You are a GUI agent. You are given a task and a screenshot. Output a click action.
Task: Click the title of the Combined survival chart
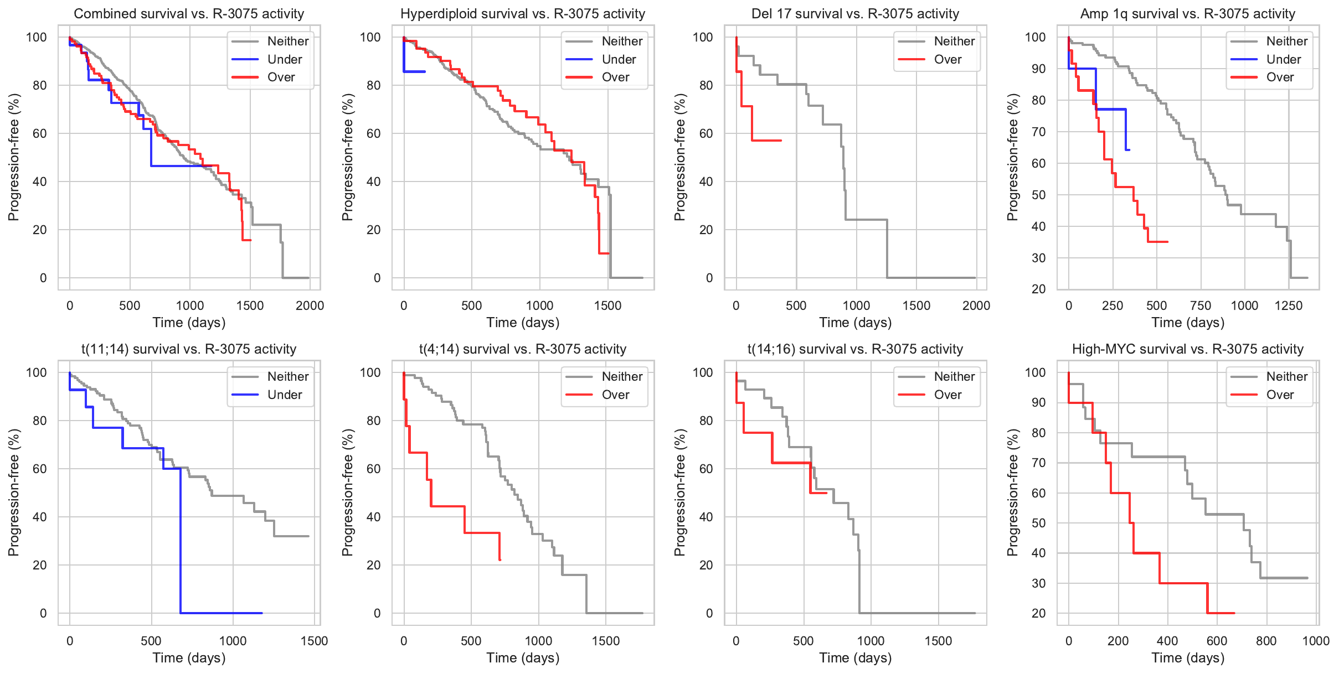click(189, 14)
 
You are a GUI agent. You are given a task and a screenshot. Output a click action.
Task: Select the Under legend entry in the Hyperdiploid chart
click(619, 59)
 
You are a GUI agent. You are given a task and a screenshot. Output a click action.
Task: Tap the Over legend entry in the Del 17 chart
click(947, 59)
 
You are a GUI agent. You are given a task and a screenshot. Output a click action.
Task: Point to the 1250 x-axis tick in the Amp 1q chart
click(1288, 305)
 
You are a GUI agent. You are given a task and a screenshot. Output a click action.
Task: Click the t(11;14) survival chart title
click(189, 349)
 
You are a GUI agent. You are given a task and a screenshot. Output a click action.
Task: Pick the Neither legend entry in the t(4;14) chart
click(622, 376)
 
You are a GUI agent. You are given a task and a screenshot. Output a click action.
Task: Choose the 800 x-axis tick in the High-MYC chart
click(1266, 641)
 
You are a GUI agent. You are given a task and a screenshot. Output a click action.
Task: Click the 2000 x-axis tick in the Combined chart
click(310, 305)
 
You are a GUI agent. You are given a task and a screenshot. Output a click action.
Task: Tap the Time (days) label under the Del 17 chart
click(855, 323)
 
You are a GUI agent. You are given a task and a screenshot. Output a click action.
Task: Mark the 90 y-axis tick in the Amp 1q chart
click(1035, 69)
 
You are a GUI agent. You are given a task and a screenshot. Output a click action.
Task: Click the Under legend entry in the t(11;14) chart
click(285, 395)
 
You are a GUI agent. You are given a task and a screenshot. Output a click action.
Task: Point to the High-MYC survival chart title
click(1187, 349)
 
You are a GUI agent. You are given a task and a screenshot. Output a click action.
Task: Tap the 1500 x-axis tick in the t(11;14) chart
click(314, 641)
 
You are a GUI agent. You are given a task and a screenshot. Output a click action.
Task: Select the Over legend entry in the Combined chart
click(281, 77)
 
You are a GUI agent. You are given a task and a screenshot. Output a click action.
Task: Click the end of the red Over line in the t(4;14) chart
click(500, 560)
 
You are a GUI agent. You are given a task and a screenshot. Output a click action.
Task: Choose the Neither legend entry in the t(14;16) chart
click(954, 376)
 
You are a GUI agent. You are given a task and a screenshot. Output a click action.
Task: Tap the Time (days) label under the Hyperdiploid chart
click(523, 323)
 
